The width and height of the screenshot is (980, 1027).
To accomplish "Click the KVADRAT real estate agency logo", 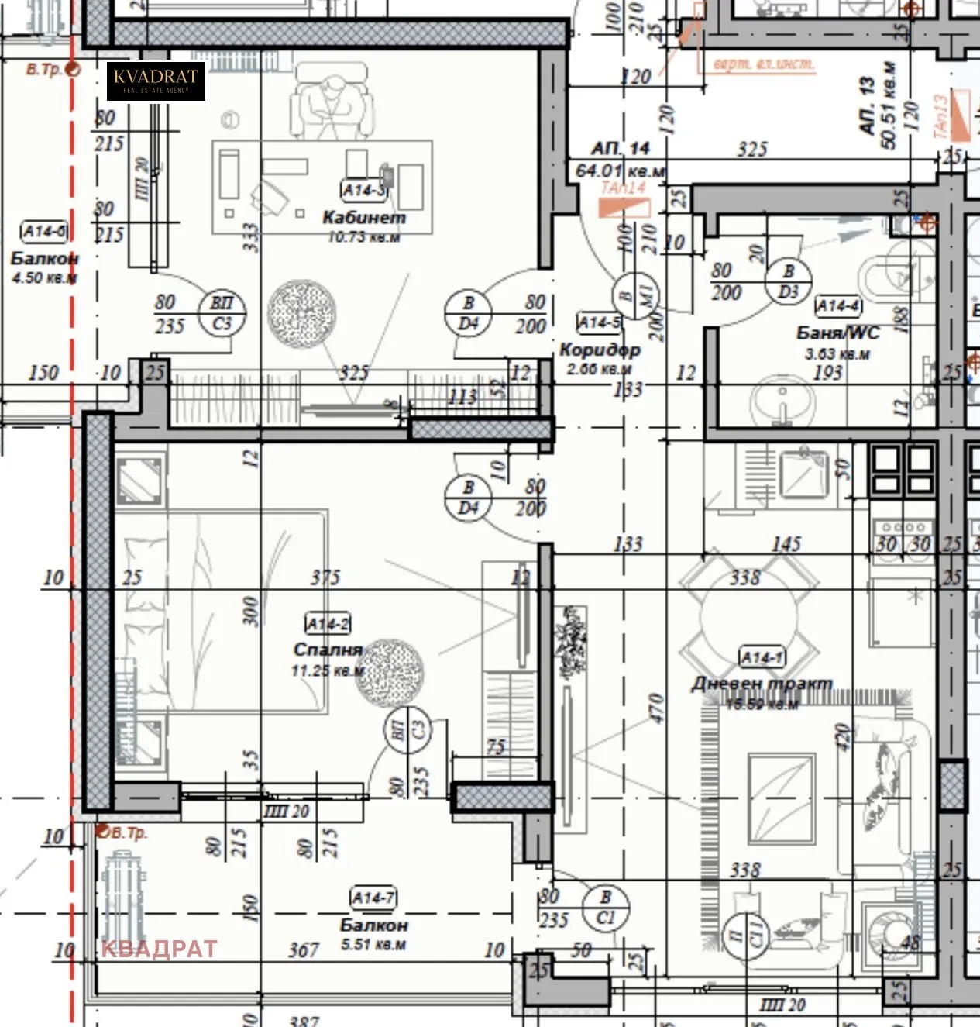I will click(x=156, y=81).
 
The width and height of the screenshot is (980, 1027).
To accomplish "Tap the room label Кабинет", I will click(x=363, y=218).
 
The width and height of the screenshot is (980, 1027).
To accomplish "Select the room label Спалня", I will click(x=328, y=650).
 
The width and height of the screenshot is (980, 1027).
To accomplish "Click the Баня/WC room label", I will click(x=838, y=333).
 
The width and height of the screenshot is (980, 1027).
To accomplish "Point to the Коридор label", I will click(x=600, y=350).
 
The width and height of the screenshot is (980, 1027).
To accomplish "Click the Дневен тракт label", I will click(x=762, y=684).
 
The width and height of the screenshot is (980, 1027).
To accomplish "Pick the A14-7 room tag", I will click(x=373, y=898).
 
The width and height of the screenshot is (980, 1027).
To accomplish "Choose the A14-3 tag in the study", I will click(x=363, y=189).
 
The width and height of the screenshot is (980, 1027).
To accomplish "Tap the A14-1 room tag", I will click(x=762, y=658).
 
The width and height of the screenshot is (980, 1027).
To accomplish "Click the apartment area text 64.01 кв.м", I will click(x=620, y=171).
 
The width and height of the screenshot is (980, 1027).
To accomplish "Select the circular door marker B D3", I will click(x=788, y=281).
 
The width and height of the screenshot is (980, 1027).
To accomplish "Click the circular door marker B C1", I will click(x=605, y=908).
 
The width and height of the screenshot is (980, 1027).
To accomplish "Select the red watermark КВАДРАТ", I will click(x=159, y=949).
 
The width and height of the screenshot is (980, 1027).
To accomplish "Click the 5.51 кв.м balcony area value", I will click(x=373, y=945).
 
